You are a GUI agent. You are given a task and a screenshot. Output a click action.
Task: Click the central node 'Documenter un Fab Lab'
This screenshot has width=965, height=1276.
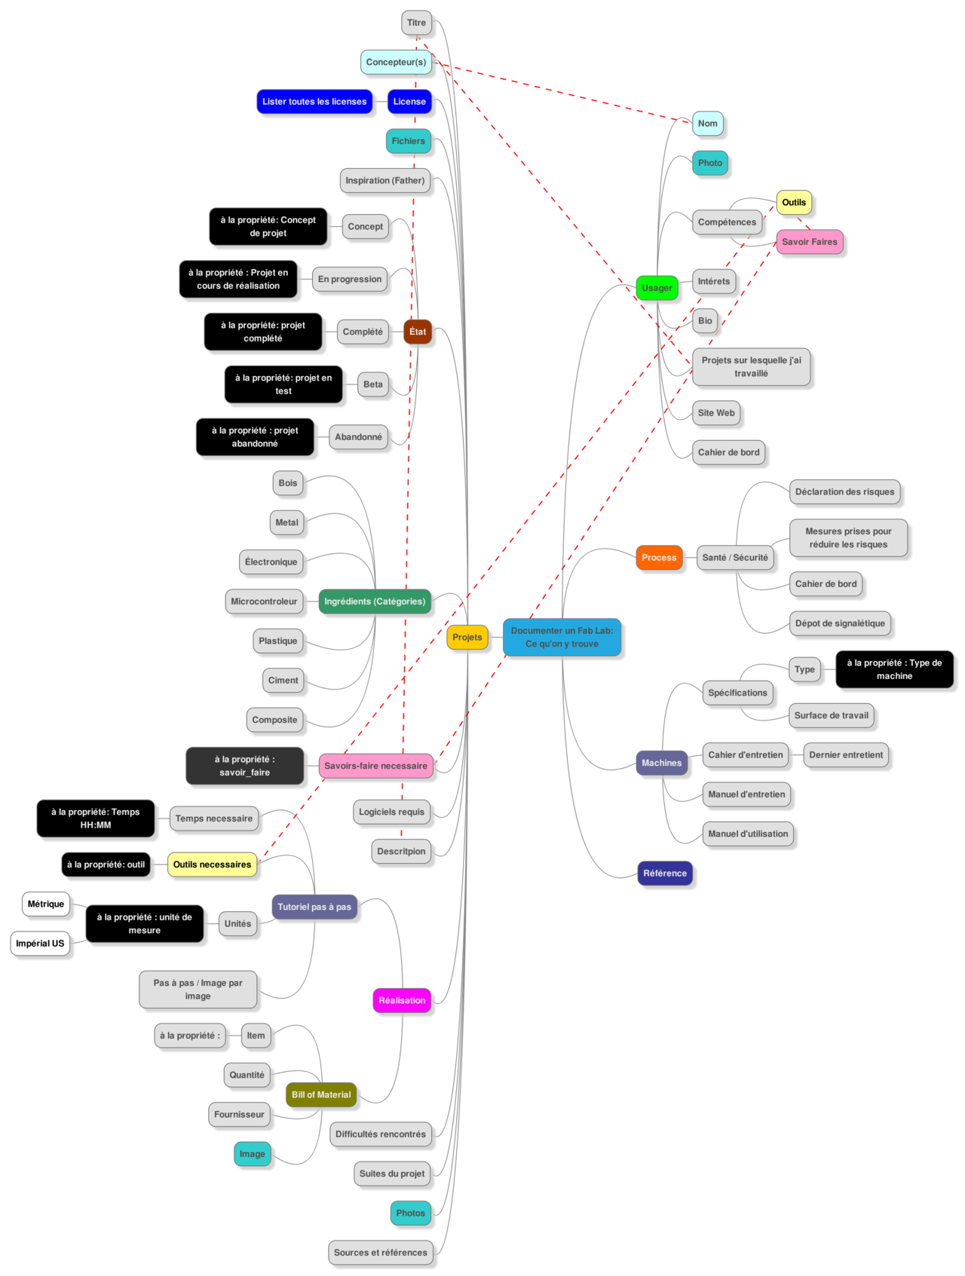(x=562, y=637)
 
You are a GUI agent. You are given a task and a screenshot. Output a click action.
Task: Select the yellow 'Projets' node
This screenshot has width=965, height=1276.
(x=467, y=637)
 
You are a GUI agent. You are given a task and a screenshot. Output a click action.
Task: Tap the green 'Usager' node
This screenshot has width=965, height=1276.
(x=657, y=288)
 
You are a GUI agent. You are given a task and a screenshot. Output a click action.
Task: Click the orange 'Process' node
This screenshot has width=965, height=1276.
(x=659, y=558)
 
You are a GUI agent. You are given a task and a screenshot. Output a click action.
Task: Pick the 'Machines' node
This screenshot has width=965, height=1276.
(x=661, y=763)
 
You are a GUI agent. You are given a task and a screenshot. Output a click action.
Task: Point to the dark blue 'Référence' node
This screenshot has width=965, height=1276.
(x=665, y=874)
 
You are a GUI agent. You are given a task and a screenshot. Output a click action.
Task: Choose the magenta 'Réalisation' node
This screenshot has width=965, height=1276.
(x=402, y=1000)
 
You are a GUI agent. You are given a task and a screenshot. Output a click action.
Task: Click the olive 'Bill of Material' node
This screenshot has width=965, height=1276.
(x=321, y=1094)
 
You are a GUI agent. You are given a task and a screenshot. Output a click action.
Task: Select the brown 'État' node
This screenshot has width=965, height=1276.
(x=418, y=332)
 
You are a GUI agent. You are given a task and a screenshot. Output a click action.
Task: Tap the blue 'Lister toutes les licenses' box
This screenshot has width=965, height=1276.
(x=314, y=102)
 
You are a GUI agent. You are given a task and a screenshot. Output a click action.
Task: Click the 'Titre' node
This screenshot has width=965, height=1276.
(x=416, y=23)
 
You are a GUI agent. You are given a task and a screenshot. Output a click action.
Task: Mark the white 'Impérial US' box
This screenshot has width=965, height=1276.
(x=40, y=944)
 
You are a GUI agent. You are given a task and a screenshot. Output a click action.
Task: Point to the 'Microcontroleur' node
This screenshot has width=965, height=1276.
(x=264, y=601)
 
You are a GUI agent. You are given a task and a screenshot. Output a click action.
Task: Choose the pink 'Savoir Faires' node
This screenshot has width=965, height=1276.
(x=810, y=242)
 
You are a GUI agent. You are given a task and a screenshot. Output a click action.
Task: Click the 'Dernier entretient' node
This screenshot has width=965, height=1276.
(x=846, y=755)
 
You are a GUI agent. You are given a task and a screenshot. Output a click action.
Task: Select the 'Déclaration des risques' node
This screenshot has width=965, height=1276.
(x=844, y=492)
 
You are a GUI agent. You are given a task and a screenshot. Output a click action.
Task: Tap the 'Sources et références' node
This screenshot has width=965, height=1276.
(x=381, y=1253)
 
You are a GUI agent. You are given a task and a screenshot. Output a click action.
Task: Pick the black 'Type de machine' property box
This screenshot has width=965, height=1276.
(x=894, y=669)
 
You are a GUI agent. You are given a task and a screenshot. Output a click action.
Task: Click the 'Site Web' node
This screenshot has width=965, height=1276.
(x=716, y=413)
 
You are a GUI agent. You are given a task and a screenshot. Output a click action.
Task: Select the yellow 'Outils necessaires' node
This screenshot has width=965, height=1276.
(x=212, y=864)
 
